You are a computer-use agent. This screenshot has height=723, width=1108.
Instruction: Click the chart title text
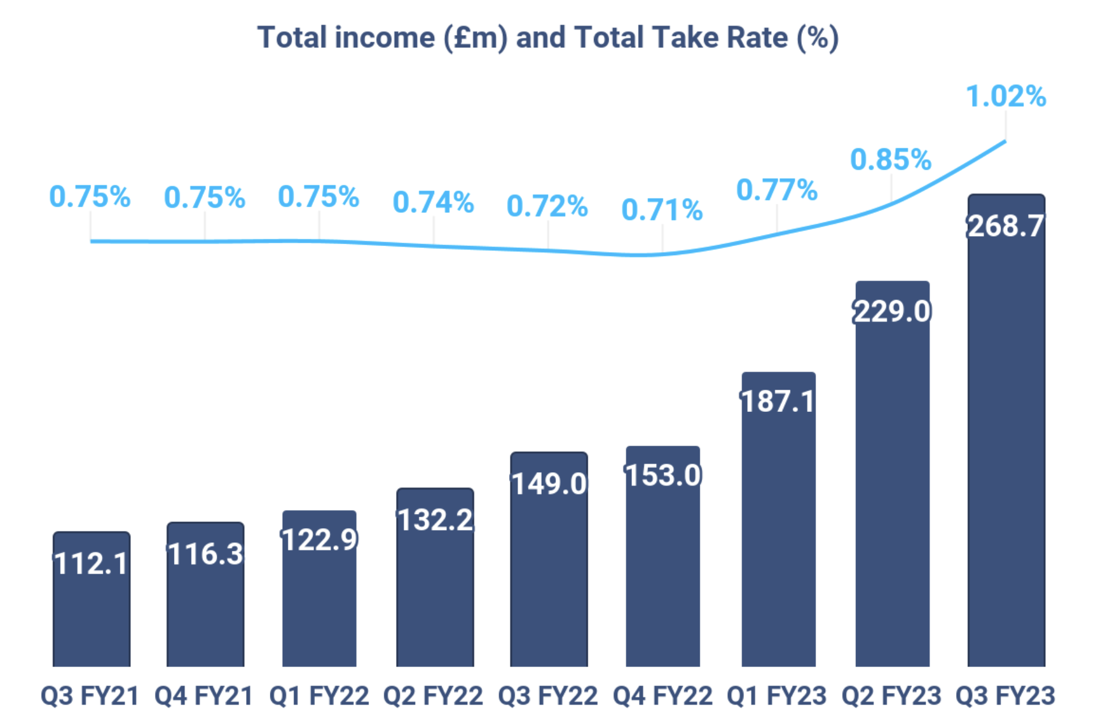click(x=547, y=38)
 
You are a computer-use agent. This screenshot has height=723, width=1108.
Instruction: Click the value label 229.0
click(x=892, y=311)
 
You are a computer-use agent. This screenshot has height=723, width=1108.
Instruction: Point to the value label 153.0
click(x=663, y=475)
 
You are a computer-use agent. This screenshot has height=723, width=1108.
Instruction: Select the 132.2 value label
click(x=435, y=520)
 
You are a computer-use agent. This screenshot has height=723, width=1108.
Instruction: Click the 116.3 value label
click(x=205, y=554)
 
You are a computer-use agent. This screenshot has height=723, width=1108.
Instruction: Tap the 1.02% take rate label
click(x=1006, y=97)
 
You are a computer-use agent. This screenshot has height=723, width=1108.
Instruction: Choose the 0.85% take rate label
click(x=891, y=160)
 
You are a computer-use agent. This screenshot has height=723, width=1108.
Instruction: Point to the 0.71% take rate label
click(x=662, y=210)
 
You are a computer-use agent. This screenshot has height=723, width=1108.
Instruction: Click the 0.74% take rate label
click(x=433, y=202)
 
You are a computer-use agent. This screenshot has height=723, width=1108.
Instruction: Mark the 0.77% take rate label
click(x=777, y=190)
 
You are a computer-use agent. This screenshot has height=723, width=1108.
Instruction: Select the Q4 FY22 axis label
click(x=663, y=696)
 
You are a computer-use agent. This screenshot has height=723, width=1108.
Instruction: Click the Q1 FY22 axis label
click(x=319, y=696)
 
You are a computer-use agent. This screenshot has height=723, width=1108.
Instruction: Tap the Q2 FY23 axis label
click(x=892, y=696)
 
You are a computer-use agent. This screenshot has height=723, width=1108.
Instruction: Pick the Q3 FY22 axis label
click(x=548, y=696)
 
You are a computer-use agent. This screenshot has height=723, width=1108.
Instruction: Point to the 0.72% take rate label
click(x=547, y=207)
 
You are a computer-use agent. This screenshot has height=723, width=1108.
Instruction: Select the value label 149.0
click(x=549, y=484)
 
